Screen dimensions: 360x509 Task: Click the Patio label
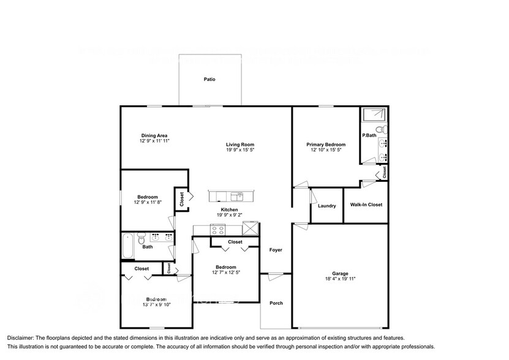point(209,80)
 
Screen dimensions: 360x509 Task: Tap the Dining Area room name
point(154,135)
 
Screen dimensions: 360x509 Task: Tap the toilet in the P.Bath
point(380,130)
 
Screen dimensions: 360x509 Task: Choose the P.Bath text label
point(368,135)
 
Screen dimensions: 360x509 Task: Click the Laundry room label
point(326,206)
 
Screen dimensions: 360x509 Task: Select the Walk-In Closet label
point(366,204)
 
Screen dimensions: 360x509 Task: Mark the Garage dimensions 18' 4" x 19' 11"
point(340,279)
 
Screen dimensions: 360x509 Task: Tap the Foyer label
point(275,250)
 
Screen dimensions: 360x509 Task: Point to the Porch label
point(276,303)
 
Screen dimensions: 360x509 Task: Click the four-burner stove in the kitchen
point(217,230)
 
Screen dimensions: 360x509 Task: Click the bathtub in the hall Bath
point(128,246)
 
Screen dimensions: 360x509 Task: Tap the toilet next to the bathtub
point(141,238)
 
